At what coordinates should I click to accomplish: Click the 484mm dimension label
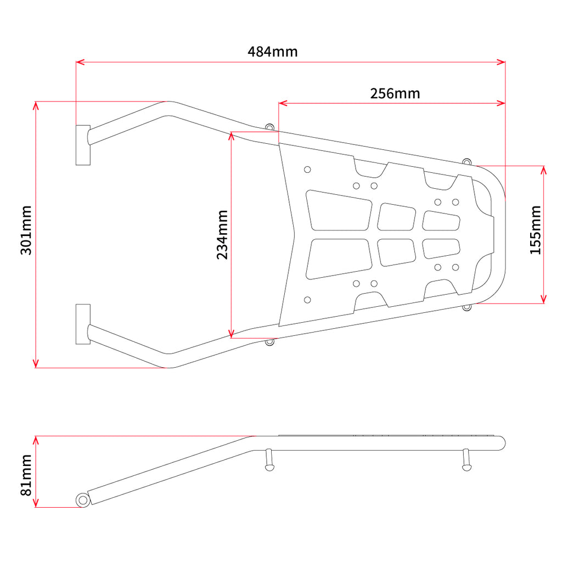pyautogui.click(x=272, y=52)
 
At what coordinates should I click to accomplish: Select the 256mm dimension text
pyautogui.click(x=395, y=93)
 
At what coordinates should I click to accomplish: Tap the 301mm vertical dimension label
pyautogui.click(x=26, y=230)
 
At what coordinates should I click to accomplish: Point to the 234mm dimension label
pyautogui.click(x=222, y=235)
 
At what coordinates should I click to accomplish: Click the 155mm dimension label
pyautogui.click(x=536, y=230)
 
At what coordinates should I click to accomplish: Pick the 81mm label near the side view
pyautogui.click(x=26, y=475)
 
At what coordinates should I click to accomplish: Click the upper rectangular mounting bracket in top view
pyautogui.click(x=83, y=145)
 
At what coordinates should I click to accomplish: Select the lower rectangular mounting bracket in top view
pyautogui.click(x=83, y=324)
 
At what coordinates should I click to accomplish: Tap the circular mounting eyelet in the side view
pyautogui.click(x=83, y=500)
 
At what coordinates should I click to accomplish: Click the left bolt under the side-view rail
pyautogui.click(x=269, y=460)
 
